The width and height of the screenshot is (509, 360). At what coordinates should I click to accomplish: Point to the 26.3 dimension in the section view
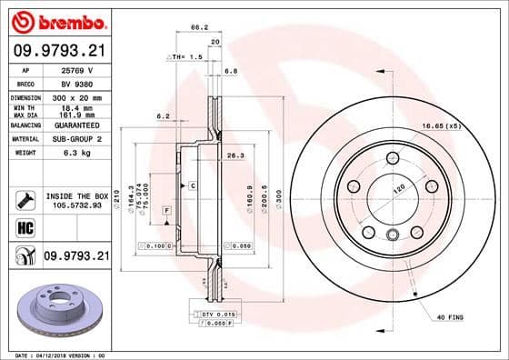point(236,155)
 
